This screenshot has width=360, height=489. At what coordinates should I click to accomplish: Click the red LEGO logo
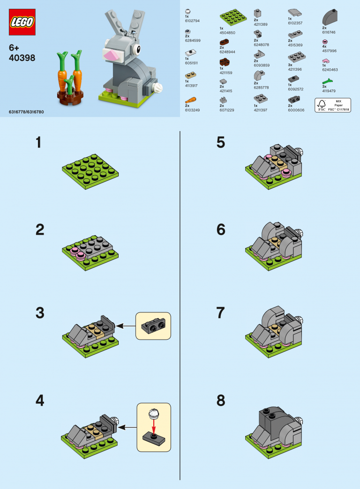tap(22, 22)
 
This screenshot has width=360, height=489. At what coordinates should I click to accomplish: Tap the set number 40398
tap(22, 59)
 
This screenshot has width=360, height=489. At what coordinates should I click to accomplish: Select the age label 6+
tap(15, 48)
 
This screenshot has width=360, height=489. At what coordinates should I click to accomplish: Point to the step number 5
tap(221, 143)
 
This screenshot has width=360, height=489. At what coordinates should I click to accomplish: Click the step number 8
tap(221, 401)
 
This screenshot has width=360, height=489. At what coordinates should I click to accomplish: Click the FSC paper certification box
tap(332, 105)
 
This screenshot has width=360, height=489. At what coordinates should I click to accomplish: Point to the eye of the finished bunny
tap(137, 49)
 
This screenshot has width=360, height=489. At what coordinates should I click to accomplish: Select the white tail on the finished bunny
tap(158, 86)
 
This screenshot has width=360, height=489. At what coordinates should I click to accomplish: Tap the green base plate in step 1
tap(90, 171)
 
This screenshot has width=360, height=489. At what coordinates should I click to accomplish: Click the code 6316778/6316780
tap(26, 112)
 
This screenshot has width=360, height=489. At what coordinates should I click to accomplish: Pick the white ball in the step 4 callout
tap(154, 414)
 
